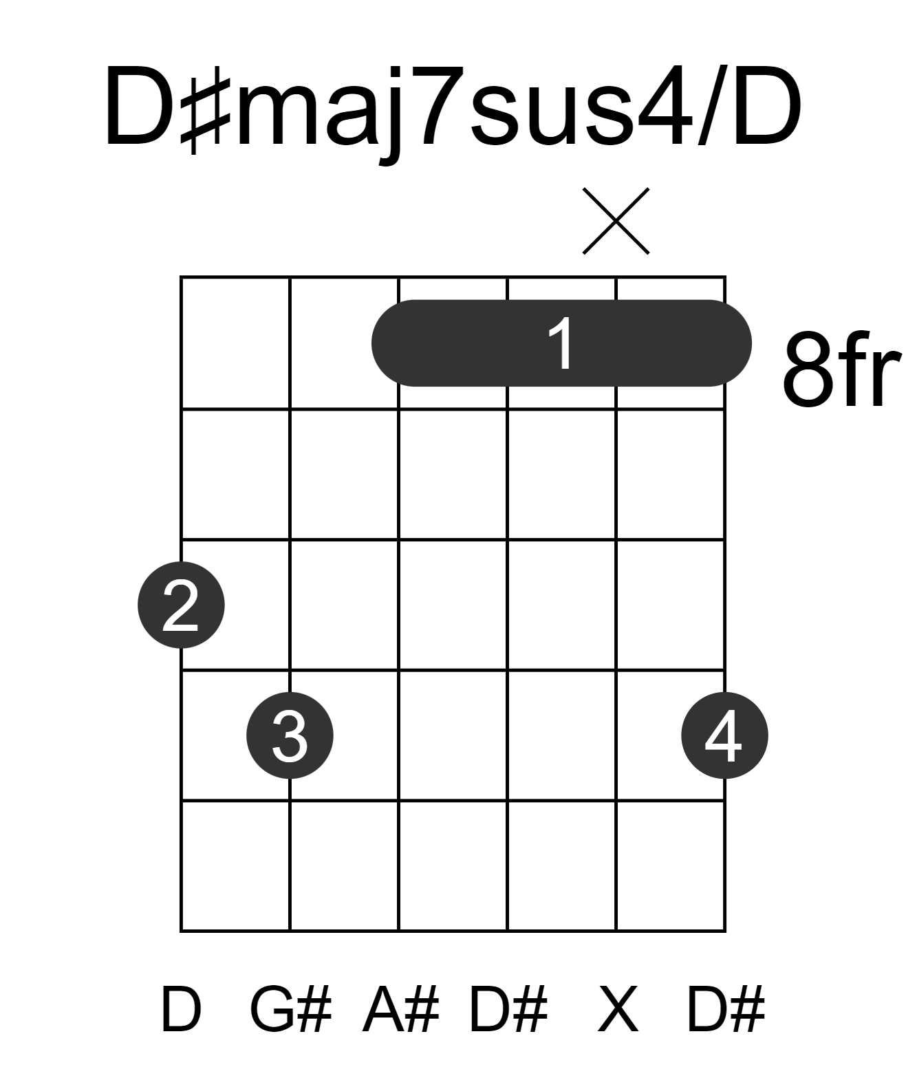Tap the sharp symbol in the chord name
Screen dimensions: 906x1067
point(205,109)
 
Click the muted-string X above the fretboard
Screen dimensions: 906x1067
point(616,221)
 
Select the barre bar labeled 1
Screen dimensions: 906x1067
point(561,343)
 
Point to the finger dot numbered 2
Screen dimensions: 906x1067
point(181,605)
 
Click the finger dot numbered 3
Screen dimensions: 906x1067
point(290,735)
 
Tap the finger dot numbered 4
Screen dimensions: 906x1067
point(725,735)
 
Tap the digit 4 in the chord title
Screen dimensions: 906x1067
point(665,106)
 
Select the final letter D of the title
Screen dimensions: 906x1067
point(766,106)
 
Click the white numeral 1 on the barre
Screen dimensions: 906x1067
point(561,343)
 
